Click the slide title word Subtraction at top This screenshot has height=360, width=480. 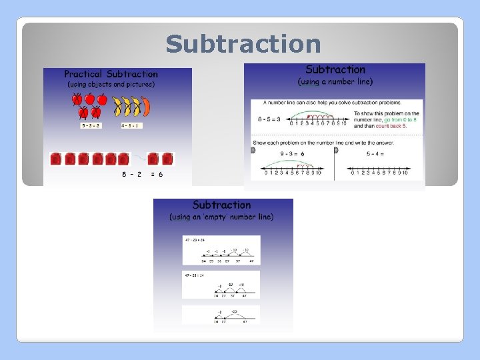243,44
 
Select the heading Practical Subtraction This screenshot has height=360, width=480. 111,74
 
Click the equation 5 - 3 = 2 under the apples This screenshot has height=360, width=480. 91,125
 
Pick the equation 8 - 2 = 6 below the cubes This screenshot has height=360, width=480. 142,174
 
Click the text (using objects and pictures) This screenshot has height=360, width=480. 111,85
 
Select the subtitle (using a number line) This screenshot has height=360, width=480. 335,81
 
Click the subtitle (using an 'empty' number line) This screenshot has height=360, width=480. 222,217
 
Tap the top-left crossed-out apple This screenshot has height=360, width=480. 77,99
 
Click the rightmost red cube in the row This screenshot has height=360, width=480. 167,159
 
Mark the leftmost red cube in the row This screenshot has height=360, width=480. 57,159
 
